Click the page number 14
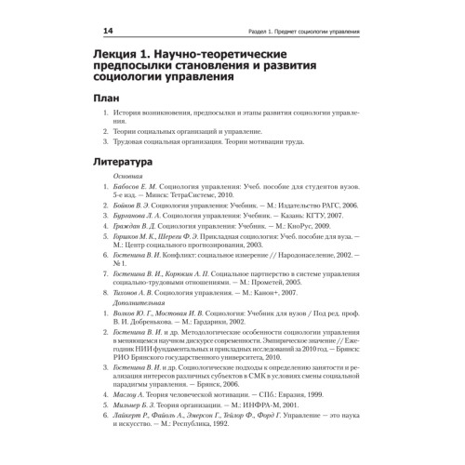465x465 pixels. point(108,32)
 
